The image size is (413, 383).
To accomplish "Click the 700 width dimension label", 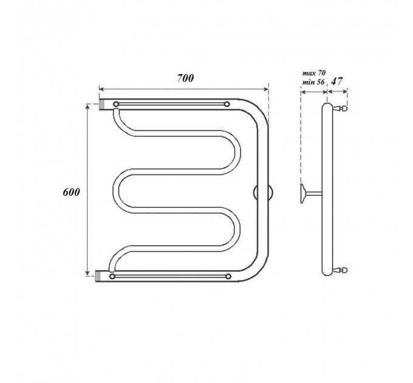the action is [185, 78].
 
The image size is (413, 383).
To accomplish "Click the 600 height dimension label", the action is [71, 192].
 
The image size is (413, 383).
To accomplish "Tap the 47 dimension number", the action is [336, 81].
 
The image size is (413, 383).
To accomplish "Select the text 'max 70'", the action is [314, 73].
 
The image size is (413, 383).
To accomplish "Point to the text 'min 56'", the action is [313, 82].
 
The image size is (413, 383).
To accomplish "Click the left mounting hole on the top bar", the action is [116, 104].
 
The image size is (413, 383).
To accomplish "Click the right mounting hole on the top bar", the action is [227, 104].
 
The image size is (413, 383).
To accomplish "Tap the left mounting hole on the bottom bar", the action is [112, 277].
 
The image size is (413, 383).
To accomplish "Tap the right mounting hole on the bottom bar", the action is [228, 277].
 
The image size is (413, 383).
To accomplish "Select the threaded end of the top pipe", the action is [102, 105].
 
